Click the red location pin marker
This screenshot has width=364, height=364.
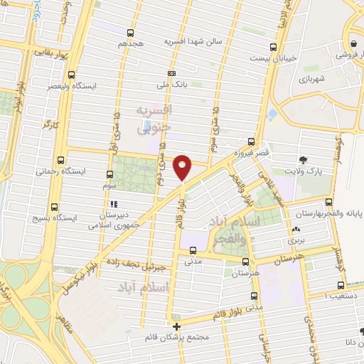coord(183,167)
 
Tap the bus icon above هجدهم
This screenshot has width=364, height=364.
coord(130,33)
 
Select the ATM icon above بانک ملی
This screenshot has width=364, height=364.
coord(171,73)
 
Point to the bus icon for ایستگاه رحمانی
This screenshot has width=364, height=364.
coord(60,161)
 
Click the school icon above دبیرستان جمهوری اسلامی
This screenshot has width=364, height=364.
coord(114,204)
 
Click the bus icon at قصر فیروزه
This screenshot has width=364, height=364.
coord(252,141)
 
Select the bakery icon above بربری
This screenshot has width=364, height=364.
coord(296,229)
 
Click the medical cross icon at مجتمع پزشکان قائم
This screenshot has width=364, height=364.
coord(176,326)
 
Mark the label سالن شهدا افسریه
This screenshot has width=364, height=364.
coord(194,42)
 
